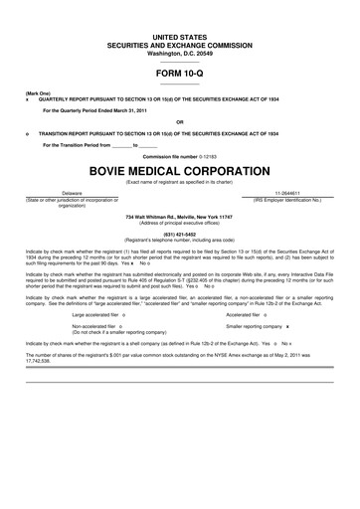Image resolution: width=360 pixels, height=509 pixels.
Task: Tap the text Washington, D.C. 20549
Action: click(180, 52)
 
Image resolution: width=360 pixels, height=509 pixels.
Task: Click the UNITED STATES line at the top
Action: click(180, 35)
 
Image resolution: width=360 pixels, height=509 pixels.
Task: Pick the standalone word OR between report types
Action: click(180, 124)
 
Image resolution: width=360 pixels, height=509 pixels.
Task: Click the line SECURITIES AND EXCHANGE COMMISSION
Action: click(180, 44)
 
